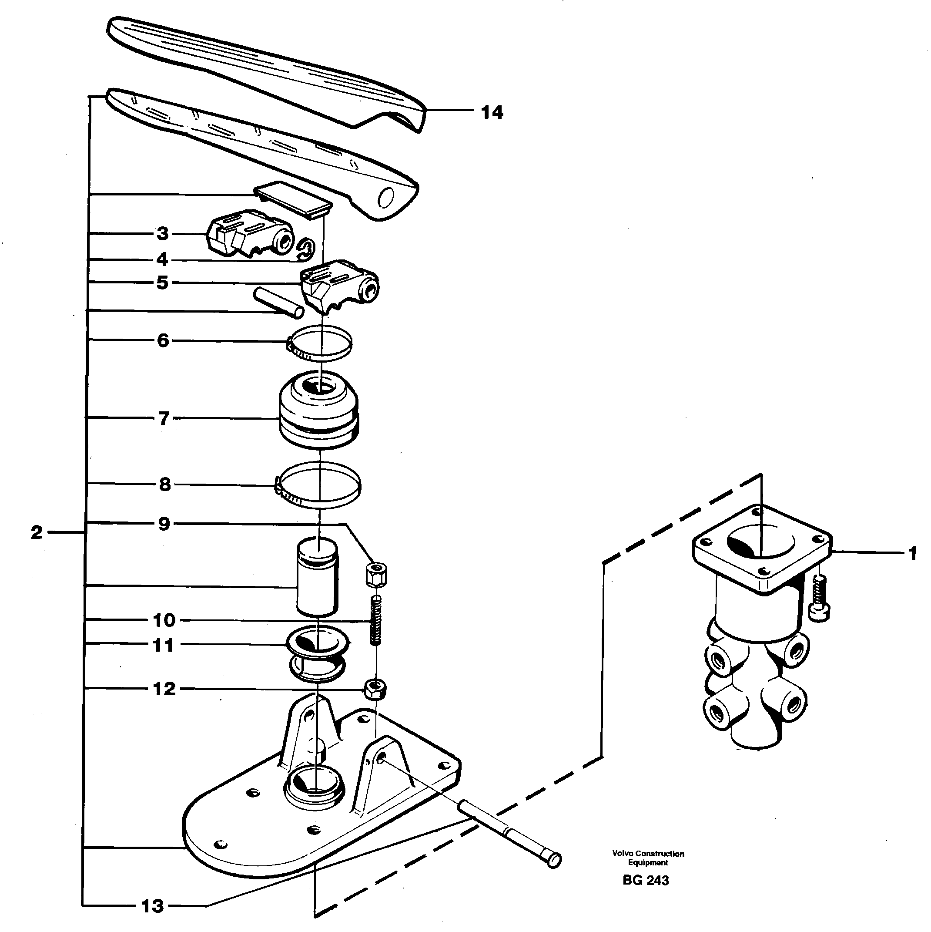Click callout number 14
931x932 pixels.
point(492,112)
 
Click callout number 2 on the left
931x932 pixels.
point(37,532)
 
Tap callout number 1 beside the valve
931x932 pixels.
point(912,553)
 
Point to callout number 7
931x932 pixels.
point(164,418)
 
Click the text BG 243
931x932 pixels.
point(646,880)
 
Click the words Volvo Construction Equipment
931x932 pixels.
point(648,858)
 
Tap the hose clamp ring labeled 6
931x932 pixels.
point(319,343)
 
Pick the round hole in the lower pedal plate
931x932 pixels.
point(387,197)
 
